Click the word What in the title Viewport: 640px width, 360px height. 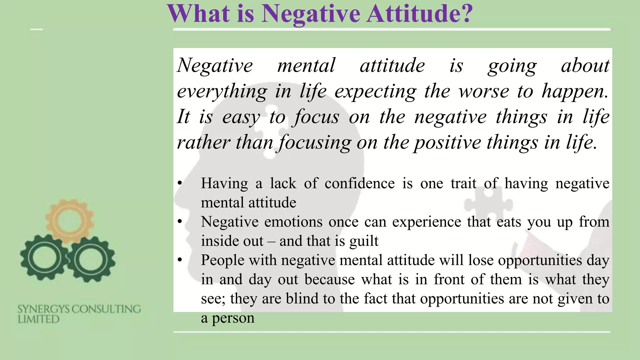coord(199,14)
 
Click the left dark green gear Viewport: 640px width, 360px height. coord(43,258)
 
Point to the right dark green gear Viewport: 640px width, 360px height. coord(91,259)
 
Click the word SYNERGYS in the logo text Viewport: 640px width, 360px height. coord(43,309)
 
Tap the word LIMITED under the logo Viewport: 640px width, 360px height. coord(38,319)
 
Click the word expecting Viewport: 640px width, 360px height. coord(375,92)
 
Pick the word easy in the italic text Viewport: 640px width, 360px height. coord(241,117)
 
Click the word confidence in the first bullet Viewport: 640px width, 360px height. coord(360,183)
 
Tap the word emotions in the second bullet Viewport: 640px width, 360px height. coord(293,222)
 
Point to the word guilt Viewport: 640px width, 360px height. coord(364,241)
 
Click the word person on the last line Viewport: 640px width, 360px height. coord(233,318)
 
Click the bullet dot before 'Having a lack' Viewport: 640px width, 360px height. coord(179,183)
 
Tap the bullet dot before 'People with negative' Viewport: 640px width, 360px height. coord(179,260)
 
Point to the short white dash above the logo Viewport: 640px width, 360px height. coord(36,29)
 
